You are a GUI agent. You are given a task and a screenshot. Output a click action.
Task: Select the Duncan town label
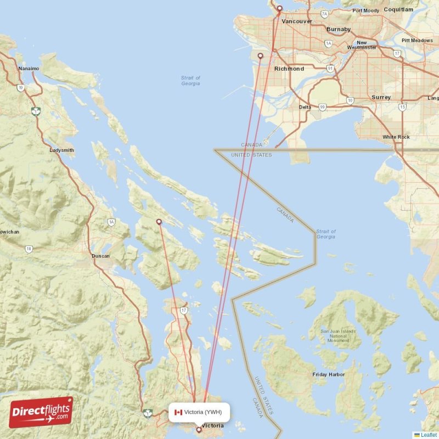coord(100,256)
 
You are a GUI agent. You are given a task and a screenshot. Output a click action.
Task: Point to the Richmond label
coord(289,69)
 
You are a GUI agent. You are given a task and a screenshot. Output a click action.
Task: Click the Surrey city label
coord(381,97)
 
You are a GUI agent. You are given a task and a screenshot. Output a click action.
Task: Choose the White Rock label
coord(396,137)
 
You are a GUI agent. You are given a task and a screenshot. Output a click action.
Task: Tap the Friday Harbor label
coord(329,374)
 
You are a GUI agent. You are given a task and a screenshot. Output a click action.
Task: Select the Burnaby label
coord(339,29)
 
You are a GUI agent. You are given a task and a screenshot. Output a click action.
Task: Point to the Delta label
coord(305,107)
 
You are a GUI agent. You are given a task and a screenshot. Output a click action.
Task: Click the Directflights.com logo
coord(41,412)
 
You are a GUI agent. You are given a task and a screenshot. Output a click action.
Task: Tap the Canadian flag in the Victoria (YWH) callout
coord(178,412)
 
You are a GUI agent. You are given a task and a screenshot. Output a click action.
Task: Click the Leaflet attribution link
coord(427,435)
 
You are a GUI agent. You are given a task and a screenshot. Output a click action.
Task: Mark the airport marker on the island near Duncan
coord(159,222)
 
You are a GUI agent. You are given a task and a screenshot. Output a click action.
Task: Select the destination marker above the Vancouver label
coord(279,8)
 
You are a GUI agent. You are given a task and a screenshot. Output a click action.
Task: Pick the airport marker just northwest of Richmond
coord(261,55)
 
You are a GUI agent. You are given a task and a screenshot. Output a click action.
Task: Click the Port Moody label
coord(365,10)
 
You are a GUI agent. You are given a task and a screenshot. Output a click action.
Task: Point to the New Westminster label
coord(362,45)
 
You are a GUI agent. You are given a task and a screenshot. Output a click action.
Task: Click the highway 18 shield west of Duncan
coord(29,249)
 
